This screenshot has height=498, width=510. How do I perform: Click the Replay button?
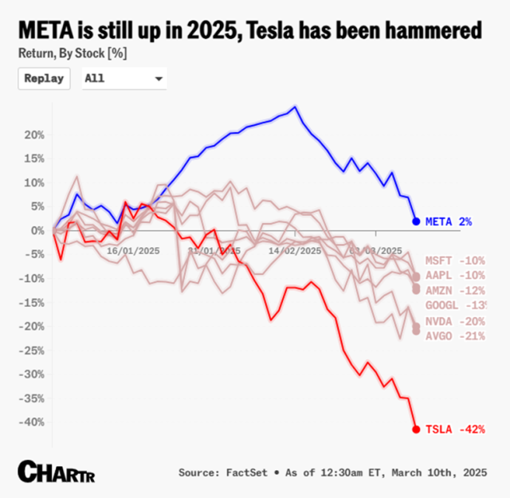click(44, 79)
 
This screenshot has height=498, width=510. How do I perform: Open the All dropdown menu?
click(124, 79)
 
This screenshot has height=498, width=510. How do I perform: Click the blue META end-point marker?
click(416, 222)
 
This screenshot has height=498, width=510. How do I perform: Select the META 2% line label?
click(449, 222)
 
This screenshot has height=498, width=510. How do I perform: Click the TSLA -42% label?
click(455, 429)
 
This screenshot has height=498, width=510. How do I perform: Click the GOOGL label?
click(455, 306)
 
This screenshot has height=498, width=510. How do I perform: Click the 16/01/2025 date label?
click(134, 250)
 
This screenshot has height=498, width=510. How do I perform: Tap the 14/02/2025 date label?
click(295, 250)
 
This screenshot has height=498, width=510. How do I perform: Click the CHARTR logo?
click(52, 469)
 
